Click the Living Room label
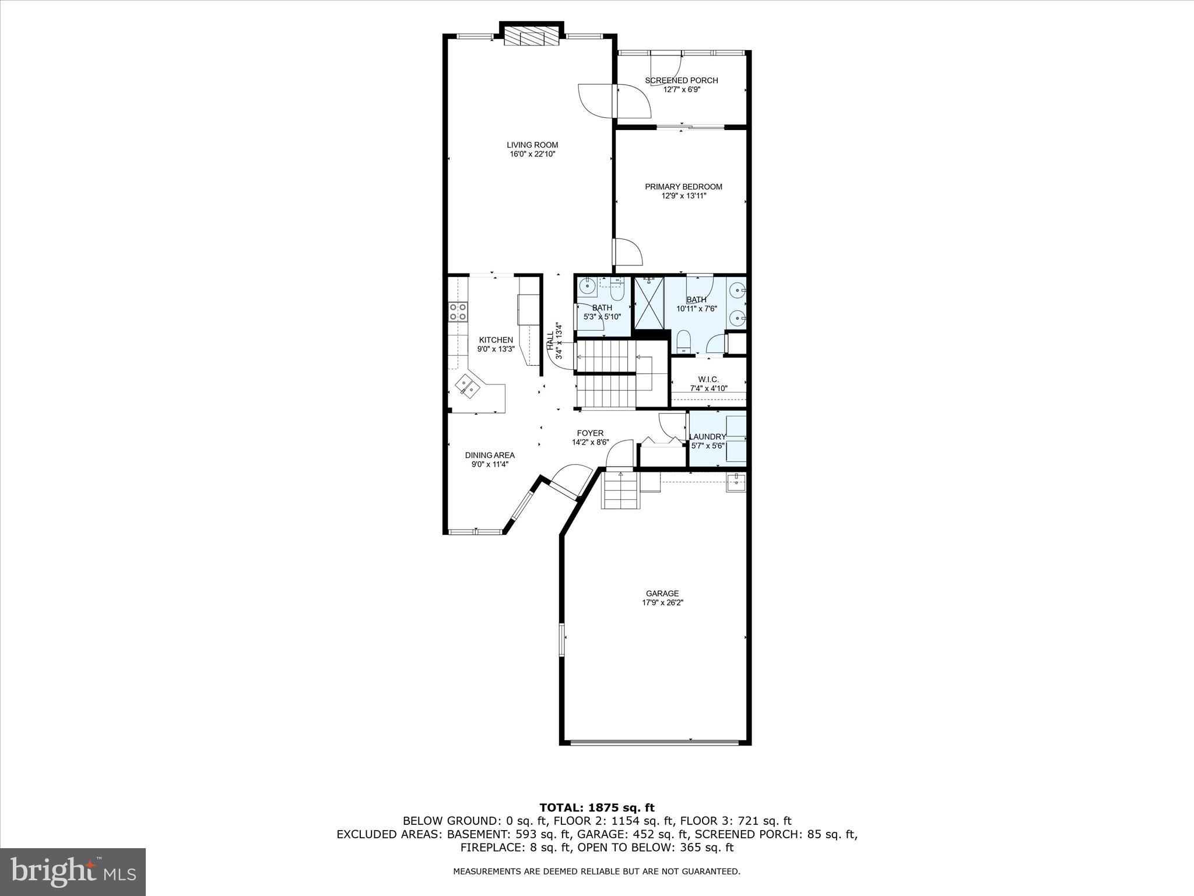coord(532,145)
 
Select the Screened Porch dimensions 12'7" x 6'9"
coord(681,90)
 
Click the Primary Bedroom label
coord(683,187)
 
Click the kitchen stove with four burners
coord(458,311)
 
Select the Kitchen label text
coord(496,340)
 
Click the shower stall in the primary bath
coord(649,303)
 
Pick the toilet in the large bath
coord(683,341)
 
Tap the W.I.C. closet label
coord(708,379)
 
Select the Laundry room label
coord(707,436)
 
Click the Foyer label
coord(590,433)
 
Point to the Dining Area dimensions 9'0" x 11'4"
coord(490,465)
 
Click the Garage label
coord(662,593)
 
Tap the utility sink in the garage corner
coord(736,482)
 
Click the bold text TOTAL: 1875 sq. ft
coord(596,808)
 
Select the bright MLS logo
coord(73,871)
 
